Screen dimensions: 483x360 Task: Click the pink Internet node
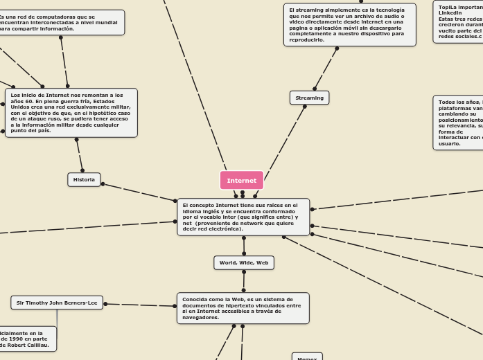point(241,180)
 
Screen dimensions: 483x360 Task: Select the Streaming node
point(309,98)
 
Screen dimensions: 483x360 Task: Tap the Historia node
point(84,179)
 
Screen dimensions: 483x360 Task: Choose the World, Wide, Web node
point(243,262)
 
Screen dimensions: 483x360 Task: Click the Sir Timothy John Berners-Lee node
point(57,303)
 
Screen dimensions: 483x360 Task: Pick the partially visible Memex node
point(307,357)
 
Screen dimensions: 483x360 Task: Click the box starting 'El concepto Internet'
point(243,217)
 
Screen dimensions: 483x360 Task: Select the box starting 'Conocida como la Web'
point(243,308)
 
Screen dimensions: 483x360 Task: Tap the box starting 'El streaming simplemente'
point(349,25)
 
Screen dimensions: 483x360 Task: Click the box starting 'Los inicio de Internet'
point(71,112)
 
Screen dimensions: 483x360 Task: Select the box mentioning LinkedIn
point(459,21)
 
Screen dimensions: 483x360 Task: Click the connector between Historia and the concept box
point(139,192)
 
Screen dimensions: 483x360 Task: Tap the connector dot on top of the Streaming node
point(315,89)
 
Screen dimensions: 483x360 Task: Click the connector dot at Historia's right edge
point(103,184)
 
